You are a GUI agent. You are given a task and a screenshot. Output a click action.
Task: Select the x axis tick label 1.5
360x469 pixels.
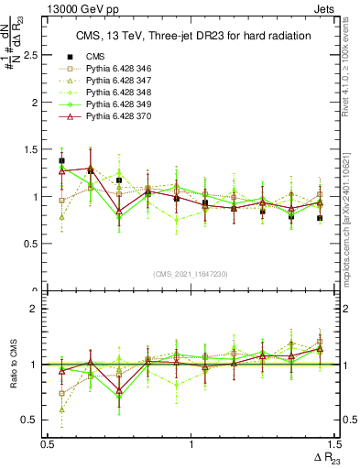(x=334, y=444)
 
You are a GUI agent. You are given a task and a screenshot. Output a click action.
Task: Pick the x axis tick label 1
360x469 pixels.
(x=191, y=444)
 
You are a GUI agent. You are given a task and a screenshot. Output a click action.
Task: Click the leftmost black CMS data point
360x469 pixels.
(x=61, y=161)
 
